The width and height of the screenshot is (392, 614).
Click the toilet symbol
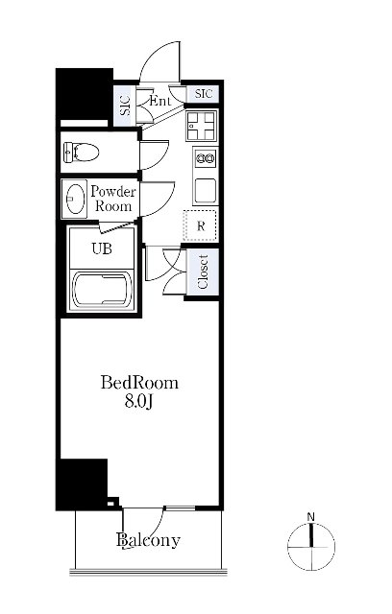[81, 152]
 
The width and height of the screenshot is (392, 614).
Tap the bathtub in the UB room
[103, 290]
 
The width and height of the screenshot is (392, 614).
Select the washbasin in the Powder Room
[75, 199]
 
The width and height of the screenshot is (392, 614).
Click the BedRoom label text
[139, 383]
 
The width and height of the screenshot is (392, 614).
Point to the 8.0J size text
[138, 401]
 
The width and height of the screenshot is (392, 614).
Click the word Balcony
[149, 540]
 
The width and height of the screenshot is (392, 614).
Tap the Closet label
[203, 272]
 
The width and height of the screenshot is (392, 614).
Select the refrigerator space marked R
[201, 225]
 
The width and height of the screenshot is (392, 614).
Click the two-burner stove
[206, 158]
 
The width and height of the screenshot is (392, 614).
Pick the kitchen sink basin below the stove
[206, 191]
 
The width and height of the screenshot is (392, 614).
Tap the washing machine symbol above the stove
[202, 126]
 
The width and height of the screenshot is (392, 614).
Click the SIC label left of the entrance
[126, 106]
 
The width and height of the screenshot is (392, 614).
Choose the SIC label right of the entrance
[204, 94]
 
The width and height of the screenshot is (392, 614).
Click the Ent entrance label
[159, 101]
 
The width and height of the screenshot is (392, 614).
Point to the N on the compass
[311, 517]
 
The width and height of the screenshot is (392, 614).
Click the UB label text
[102, 248]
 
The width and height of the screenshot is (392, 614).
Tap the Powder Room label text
[113, 199]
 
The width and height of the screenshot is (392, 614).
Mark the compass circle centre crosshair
[311, 547]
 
